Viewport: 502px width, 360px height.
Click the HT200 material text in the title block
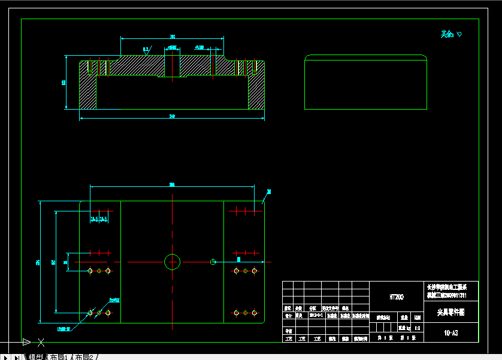click(x=397, y=297)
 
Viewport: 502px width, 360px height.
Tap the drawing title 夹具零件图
click(x=450, y=312)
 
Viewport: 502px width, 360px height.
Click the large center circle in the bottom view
click(x=173, y=262)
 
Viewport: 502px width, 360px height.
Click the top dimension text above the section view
click(x=173, y=37)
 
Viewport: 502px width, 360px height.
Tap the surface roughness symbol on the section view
click(x=147, y=50)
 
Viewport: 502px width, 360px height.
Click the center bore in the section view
click(x=172, y=63)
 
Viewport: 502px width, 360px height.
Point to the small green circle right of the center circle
click(x=213, y=261)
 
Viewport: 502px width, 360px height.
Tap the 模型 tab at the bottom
click(x=35, y=357)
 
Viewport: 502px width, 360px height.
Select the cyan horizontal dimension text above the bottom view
click(x=172, y=184)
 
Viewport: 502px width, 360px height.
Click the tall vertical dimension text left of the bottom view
click(x=38, y=262)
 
